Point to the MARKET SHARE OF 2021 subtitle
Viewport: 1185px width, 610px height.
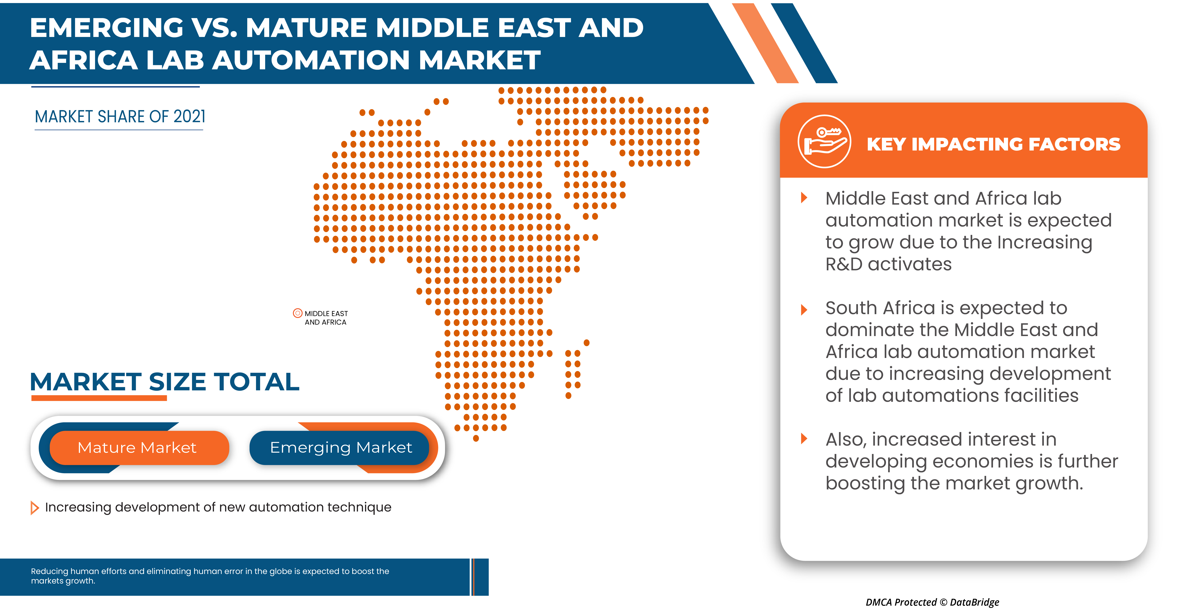(120, 117)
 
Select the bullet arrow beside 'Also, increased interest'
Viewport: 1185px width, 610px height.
(804, 438)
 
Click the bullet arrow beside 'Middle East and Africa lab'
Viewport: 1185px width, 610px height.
(804, 198)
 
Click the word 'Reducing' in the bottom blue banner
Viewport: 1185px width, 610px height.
(49, 571)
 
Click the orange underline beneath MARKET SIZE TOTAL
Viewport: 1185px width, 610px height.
(99, 398)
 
